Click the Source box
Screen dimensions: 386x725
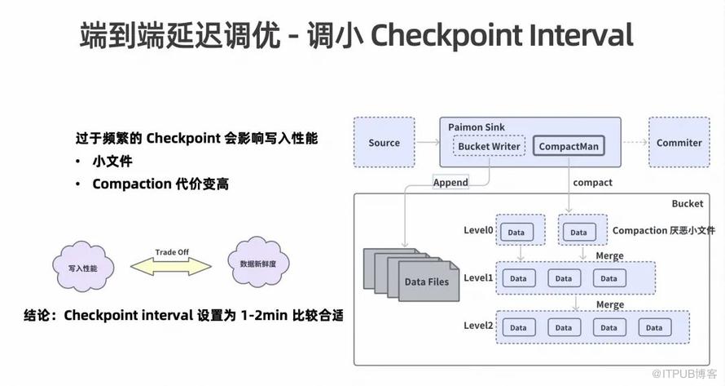point(384,143)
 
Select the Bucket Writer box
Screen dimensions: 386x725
point(489,147)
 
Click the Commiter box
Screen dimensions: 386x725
point(679,143)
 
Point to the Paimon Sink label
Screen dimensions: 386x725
point(477,127)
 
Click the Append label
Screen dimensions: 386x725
point(450,182)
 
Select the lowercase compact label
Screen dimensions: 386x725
point(592,182)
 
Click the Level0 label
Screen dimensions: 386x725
point(478,231)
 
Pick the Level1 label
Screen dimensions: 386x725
point(478,278)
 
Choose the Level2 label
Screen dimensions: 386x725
point(478,326)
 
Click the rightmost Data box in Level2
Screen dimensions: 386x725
point(654,327)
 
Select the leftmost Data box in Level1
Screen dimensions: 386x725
point(518,278)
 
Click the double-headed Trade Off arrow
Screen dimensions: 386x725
point(172,265)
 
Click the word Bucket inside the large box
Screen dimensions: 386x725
point(687,202)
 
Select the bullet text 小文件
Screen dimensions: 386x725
point(112,162)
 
